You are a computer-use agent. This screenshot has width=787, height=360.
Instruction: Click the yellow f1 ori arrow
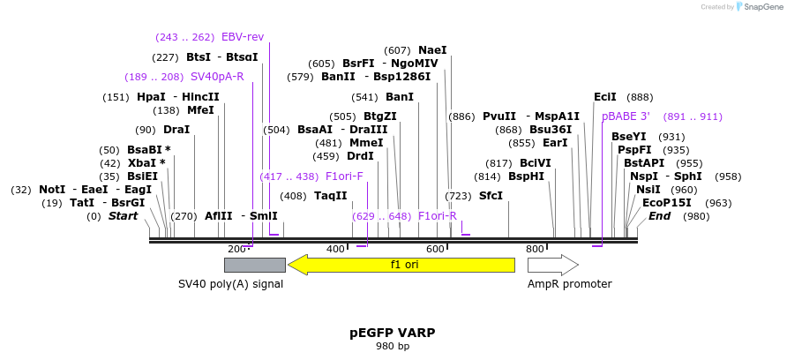pyautogui.click(x=401, y=265)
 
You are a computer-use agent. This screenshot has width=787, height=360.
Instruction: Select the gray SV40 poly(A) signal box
pyautogui.click(x=254, y=265)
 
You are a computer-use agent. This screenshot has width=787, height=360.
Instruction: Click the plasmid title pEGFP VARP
pyautogui.click(x=393, y=333)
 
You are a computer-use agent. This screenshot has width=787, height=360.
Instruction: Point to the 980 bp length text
pyautogui.click(x=393, y=346)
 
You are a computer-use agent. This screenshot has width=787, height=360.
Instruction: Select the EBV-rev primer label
pyautogui.click(x=243, y=37)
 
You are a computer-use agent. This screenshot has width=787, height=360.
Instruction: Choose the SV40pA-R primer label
pyautogui.click(x=217, y=77)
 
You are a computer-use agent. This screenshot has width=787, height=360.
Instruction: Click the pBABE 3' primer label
pyautogui.click(x=626, y=116)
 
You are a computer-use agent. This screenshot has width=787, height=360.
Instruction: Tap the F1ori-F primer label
pyautogui.click(x=344, y=176)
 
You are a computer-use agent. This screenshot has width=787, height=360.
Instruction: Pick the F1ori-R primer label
pyautogui.click(x=438, y=216)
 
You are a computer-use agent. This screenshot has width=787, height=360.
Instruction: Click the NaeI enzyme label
pyautogui.click(x=432, y=50)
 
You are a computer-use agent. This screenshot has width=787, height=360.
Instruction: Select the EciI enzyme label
pyautogui.click(x=605, y=97)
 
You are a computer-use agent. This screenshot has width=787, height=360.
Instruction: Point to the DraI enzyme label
pyautogui.click(x=176, y=130)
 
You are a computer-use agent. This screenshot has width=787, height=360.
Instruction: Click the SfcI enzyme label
pyautogui.click(x=491, y=196)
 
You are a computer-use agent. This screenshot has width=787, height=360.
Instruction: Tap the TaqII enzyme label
pyautogui.click(x=331, y=196)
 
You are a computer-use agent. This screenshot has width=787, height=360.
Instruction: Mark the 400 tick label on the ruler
pyautogui.click(x=335, y=250)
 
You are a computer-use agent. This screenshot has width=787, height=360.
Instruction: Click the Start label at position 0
pyautogui.click(x=123, y=216)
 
